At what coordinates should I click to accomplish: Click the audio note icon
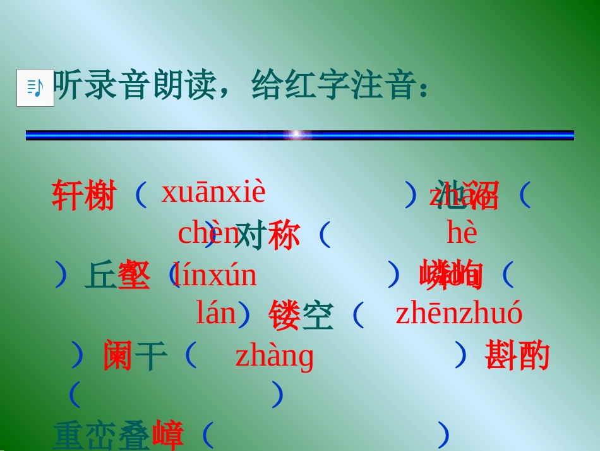[x=35, y=88]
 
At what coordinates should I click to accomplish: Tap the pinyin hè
[x=462, y=233]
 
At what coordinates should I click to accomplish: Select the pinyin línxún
[x=215, y=276]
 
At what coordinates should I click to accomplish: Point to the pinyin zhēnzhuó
[x=459, y=314]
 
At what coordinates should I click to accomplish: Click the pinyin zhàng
[x=275, y=355]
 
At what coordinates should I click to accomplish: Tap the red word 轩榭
[x=84, y=195]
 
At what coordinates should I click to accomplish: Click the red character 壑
[x=134, y=276]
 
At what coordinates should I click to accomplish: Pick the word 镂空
[x=301, y=316]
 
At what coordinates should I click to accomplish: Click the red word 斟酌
[x=517, y=356]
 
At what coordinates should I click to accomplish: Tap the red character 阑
[x=117, y=356]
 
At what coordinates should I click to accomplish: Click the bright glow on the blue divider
[x=297, y=135]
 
